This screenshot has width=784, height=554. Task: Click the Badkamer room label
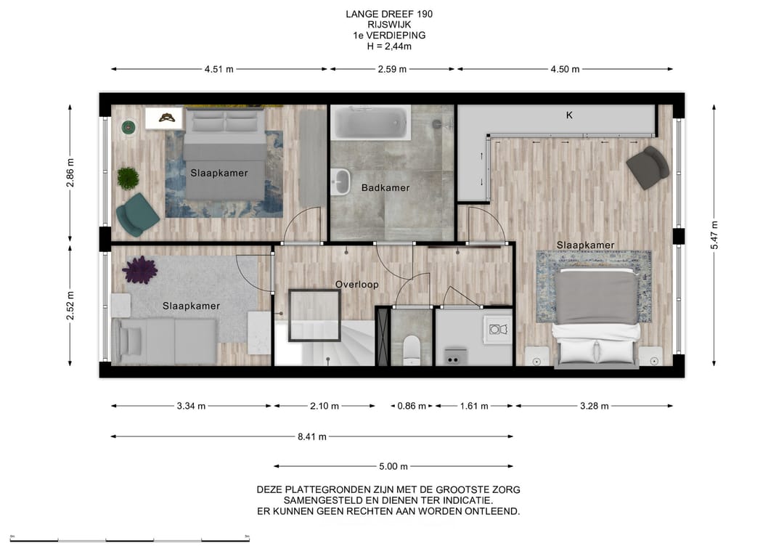[385, 188]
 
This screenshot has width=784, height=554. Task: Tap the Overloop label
[356, 285]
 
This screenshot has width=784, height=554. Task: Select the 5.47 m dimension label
[714, 235]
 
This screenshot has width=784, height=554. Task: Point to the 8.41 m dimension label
[312, 436]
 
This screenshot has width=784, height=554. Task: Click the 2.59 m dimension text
[392, 70]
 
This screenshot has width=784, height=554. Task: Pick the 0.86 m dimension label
[412, 406]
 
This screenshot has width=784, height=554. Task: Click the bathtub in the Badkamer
[370, 122]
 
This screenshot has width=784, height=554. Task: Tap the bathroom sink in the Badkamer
[341, 181]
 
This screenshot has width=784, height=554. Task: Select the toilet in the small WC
[412, 349]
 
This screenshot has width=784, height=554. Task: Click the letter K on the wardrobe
[569, 115]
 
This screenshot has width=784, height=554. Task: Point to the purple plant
[140, 269]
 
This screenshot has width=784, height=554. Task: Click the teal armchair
[136, 214]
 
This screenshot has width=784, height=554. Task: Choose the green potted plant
[128, 178]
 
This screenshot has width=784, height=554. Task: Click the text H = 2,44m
[389, 46]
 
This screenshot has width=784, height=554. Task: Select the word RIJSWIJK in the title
[389, 25]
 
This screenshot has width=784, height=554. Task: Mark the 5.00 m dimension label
[393, 466]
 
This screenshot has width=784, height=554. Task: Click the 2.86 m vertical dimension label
[70, 173]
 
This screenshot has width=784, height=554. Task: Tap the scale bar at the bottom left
[129, 539]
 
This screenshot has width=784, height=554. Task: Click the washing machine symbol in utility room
[498, 330]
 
